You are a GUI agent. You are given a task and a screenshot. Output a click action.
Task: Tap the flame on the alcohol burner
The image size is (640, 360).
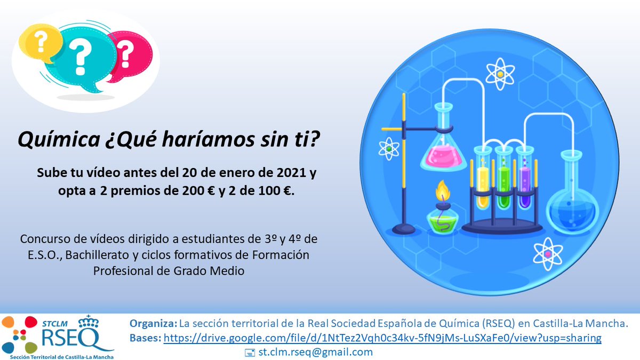442,191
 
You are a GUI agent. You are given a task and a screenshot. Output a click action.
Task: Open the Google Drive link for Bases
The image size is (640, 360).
382,338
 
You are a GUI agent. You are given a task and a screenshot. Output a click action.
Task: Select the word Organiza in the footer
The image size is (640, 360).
153,324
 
